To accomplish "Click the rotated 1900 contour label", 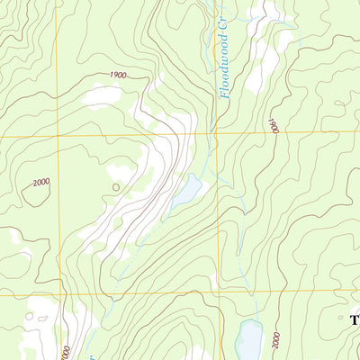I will [273, 126].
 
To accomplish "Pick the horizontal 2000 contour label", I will [40, 183].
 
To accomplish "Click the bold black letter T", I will [355, 320].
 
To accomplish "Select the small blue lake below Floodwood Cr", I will [187, 190].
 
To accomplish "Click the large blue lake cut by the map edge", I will [249, 340].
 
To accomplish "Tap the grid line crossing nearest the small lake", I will [216, 134].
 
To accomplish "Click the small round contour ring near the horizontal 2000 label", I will [115, 187].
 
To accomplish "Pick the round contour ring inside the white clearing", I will [31, 317].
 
